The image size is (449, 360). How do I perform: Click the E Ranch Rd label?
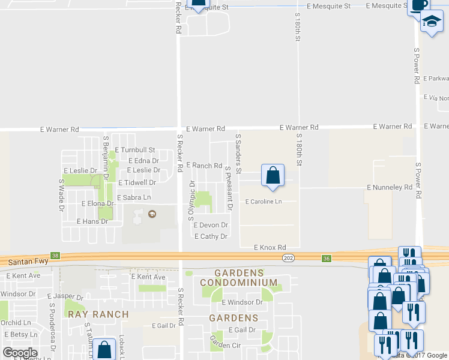click(204, 166)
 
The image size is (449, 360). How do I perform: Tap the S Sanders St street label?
click(238, 154)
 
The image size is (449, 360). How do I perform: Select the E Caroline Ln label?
click(263, 202)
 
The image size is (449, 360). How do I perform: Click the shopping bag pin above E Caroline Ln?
click(273, 175)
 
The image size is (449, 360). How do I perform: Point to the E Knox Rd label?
click(269, 247)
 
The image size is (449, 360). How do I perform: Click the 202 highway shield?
click(288, 257)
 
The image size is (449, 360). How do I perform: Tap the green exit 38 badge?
click(56, 256)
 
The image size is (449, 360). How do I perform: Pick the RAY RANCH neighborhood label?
click(98, 314)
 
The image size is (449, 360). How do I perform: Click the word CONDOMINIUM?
click(238, 283)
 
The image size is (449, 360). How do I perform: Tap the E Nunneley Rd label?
click(390, 188)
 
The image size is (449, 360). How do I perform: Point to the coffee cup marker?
click(418, 6)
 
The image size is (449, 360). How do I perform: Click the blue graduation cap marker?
click(431, 23)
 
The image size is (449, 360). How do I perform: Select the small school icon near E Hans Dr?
click(152, 214)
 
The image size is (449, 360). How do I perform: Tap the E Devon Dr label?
click(210, 225)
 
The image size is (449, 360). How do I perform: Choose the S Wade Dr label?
click(61, 195)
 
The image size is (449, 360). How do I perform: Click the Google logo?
click(20, 353)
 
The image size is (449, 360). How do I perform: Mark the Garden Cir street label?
click(224, 342)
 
